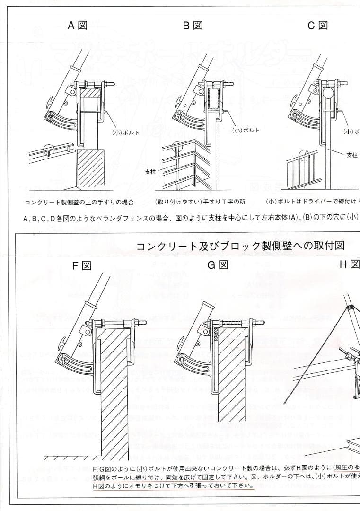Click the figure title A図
click(x=77, y=26)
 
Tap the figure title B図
click(x=193, y=26)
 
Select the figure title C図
click(x=317, y=26)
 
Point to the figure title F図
click(x=81, y=265)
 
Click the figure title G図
click(x=218, y=265)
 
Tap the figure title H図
click(x=350, y=264)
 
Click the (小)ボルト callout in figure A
click(x=126, y=133)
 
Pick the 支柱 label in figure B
click(x=150, y=172)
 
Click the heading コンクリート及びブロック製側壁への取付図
click(x=240, y=246)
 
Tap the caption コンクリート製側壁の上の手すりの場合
click(x=79, y=202)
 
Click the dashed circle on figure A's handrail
click(x=49, y=150)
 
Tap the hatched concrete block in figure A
click(x=90, y=168)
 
